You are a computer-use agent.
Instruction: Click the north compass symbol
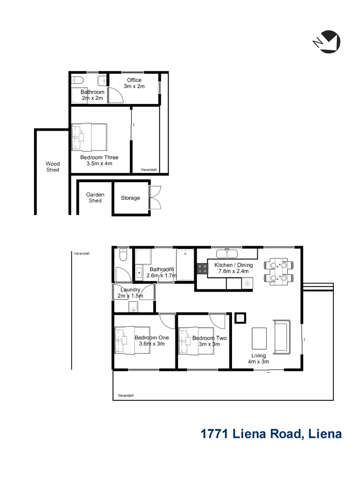coord(327,41)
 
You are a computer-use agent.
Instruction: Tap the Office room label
coord(134,80)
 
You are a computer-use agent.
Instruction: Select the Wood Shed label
coord(52,167)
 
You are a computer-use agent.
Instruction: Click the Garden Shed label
coord(95,197)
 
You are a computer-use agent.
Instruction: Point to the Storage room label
coord(130,198)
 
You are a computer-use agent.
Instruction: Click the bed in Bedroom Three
coord(89,137)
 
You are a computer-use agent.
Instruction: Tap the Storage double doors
coord(155,197)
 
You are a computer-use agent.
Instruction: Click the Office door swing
coord(116,95)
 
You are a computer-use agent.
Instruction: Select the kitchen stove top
coord(203,269)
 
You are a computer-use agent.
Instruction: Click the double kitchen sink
coord(227,254)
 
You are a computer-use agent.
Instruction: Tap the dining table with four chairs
coord(279,272)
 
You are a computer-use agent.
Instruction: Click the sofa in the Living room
coord(282,337)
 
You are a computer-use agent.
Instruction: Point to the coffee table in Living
coord(259,339)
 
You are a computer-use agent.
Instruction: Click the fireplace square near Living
coord(240,318)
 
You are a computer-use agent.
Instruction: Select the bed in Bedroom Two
coord(196,341)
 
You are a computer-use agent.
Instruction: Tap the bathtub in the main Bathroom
coord(185,265)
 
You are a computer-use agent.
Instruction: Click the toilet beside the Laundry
coord(123,254)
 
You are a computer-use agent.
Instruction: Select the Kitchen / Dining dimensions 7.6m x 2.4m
coord(233,272)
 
